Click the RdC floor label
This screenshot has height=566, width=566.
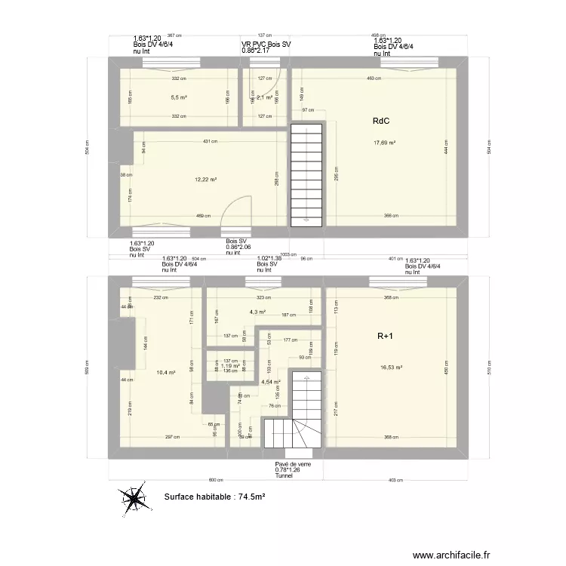[x=380, y=121]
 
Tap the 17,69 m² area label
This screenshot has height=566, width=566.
[x=385, y=143]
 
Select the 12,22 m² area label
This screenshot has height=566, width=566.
[x=206, y=180]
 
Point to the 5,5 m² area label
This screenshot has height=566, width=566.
[x=178, y=97]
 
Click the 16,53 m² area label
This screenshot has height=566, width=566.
[x=391, y=368]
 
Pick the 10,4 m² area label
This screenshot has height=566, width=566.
[x=165, y=372]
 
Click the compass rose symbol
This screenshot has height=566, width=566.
[x=137, y=499]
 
